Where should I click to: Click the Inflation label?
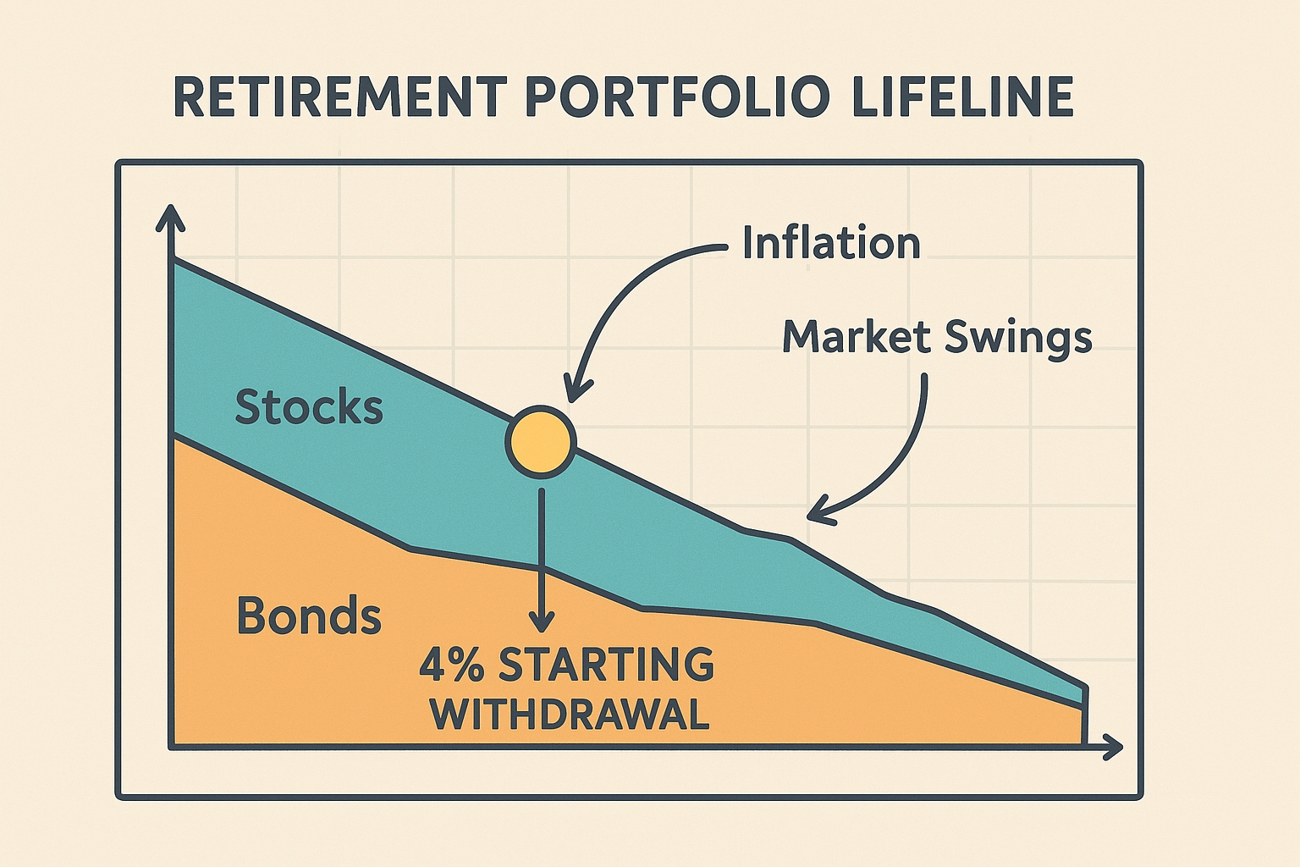point(831,243)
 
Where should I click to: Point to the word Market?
point(856,337)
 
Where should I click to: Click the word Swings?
point(1018,337)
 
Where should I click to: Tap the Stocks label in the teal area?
point(309,407)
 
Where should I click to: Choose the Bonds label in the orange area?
point(309,616)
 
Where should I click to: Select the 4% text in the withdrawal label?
point(451,665)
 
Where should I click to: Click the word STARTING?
point(606,665)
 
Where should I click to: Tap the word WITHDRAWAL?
point(569,715)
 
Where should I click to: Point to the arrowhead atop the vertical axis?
point(170,217)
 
